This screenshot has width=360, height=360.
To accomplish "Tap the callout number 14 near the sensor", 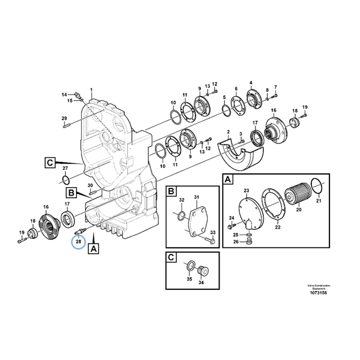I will [x=64, y=95].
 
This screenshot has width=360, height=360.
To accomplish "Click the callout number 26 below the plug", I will [x=236, y=242].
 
